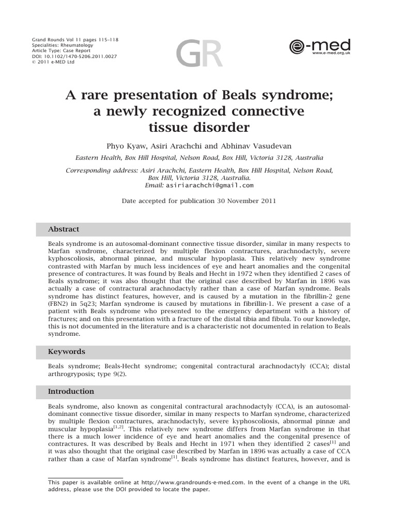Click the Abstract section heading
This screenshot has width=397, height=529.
(64, 229)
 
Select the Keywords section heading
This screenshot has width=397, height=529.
(67, 352)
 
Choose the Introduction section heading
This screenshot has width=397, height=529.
(71, 392)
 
